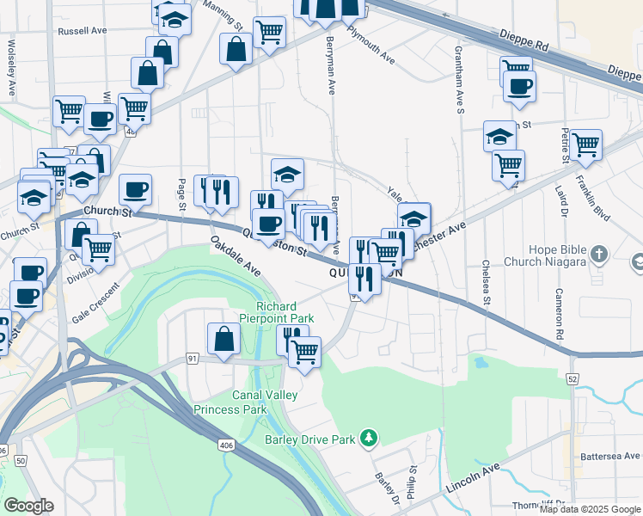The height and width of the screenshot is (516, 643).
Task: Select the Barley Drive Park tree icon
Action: click(369, 439)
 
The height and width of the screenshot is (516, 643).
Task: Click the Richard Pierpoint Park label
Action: click(285, 312)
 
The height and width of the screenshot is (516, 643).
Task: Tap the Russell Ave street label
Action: click(82, 30)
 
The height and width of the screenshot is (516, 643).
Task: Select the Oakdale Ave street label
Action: click(236, 257)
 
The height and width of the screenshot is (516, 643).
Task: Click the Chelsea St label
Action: click(486, 283)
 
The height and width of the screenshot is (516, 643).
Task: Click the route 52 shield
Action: click(572, 378)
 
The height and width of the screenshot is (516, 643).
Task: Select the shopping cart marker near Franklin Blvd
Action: click(586, 144)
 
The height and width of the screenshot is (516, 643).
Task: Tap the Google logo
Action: click(29, 505)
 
